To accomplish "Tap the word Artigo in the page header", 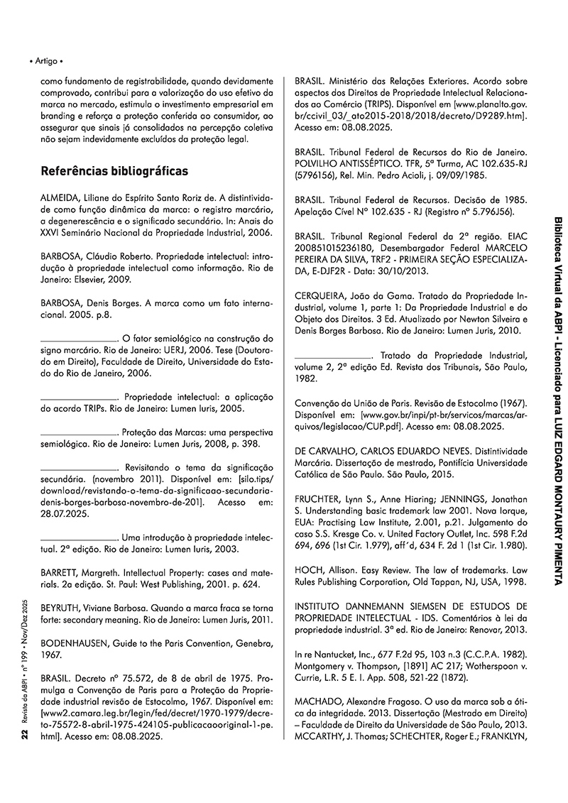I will tap(48, 61).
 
